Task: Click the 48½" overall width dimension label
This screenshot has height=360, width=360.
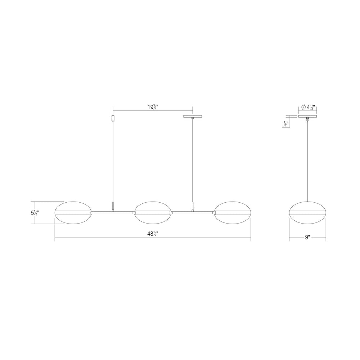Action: point(153,234)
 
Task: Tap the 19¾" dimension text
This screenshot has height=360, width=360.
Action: point(153,107)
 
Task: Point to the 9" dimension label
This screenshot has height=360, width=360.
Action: point(307,237)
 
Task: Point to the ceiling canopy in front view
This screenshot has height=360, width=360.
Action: point(193,116)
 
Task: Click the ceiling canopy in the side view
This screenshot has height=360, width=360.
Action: point(307,116)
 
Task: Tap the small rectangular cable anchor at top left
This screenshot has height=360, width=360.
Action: point(113,118)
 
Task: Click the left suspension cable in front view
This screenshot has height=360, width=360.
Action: point(113,162)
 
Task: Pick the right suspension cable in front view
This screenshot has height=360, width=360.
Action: point(193,162)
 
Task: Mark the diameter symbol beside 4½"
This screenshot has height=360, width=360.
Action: point(303,107)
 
